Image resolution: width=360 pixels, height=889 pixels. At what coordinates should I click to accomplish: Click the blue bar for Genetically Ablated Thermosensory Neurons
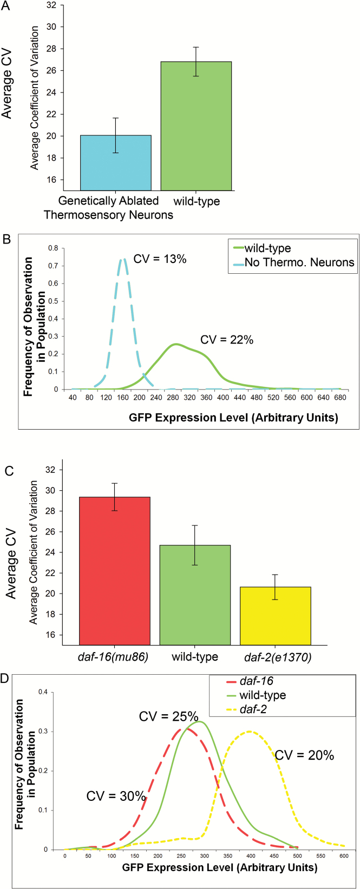pos(116,163)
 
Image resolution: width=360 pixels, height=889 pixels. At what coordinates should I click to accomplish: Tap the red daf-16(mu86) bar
pos(115,571)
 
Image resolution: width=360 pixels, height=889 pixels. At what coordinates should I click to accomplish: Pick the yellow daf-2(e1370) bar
pos(276,616)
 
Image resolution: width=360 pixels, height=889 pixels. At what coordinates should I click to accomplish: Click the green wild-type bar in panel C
pos(195,595)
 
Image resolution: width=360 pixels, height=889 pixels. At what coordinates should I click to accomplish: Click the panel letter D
pos(5,678)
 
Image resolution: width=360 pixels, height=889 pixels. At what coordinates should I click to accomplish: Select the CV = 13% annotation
pos(160,259)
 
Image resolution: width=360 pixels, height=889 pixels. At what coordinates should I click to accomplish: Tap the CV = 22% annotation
pos(227,340)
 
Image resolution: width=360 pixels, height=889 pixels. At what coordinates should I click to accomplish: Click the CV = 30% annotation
pos(116,796)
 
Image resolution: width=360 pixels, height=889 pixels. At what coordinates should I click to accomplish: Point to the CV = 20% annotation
pos(304,755)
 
